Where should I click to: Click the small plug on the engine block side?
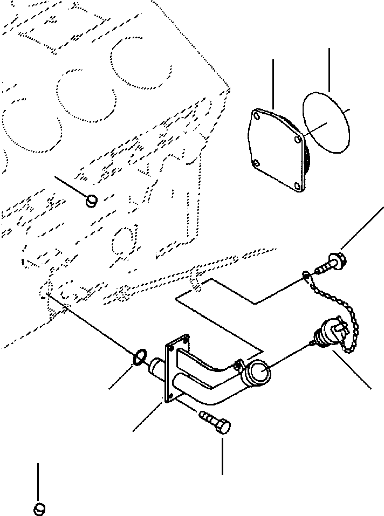(x=92, y=201)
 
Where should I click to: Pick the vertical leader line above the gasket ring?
(x=328, y=69)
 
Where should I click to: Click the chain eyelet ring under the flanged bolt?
(x=306, y=277)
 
